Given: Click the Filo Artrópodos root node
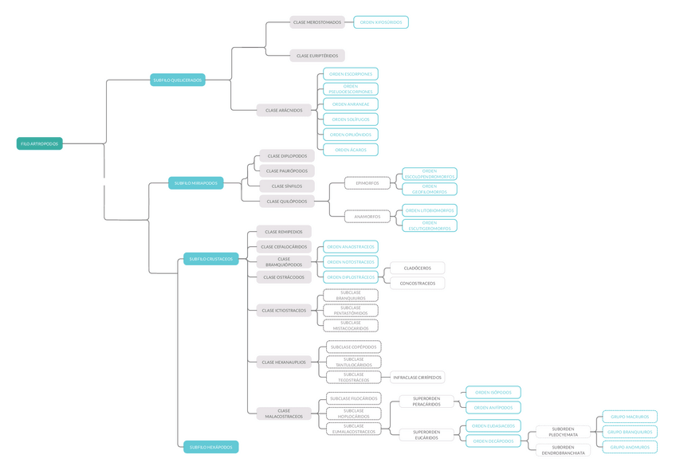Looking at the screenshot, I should pos(39,143).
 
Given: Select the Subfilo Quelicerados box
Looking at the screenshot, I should pos(177,80).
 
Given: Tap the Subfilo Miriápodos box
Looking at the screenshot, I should pos(195,183).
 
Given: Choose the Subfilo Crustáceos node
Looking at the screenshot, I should pos(210,259).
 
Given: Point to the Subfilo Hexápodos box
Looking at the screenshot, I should pos(210,447).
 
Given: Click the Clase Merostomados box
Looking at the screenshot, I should pos(317,22).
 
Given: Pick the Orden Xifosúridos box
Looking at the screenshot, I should pos(380,22).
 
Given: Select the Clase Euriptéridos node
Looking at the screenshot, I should pos(317,56).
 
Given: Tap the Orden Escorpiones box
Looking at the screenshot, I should pos(351,73).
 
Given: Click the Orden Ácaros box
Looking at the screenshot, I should pos(351,150).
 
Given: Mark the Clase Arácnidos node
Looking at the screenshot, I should pos(284,111).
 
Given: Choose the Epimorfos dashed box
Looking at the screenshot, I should pos(367,183).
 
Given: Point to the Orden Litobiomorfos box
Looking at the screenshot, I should pos(430,210).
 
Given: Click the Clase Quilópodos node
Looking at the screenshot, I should pos(287,202).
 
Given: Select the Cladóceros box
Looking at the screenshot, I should pos(418,268).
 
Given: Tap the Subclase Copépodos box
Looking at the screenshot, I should pos(353,347).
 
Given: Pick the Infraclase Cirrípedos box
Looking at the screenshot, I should pos(418,378).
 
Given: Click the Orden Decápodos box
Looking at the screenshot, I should pos(493,441).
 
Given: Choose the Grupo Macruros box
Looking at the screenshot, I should pos(630,417).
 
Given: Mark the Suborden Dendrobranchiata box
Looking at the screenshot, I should pos(562,450).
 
